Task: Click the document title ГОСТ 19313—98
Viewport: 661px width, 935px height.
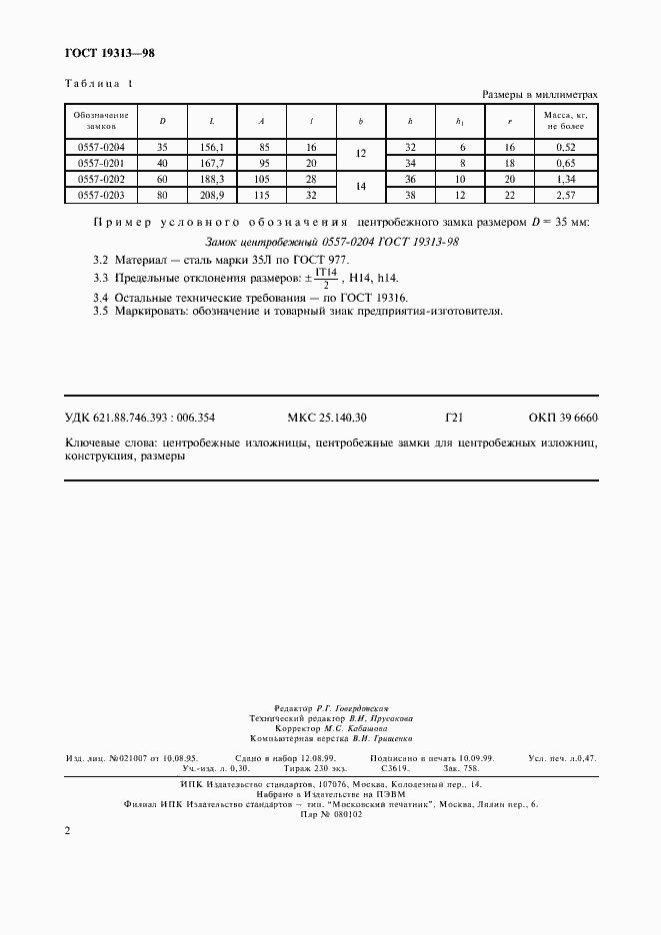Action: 108,53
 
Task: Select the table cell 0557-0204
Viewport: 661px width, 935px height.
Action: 100,147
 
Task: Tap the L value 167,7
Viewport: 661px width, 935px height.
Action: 212,163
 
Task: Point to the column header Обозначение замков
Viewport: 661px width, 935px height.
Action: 100,122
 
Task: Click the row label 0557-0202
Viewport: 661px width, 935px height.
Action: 100,179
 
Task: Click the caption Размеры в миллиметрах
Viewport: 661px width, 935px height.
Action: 540,94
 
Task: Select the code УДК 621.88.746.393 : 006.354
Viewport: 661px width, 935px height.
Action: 140,418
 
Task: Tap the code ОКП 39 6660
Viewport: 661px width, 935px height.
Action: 563,418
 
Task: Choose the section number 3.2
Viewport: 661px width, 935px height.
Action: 99,260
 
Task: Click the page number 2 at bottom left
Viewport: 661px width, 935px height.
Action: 67,831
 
